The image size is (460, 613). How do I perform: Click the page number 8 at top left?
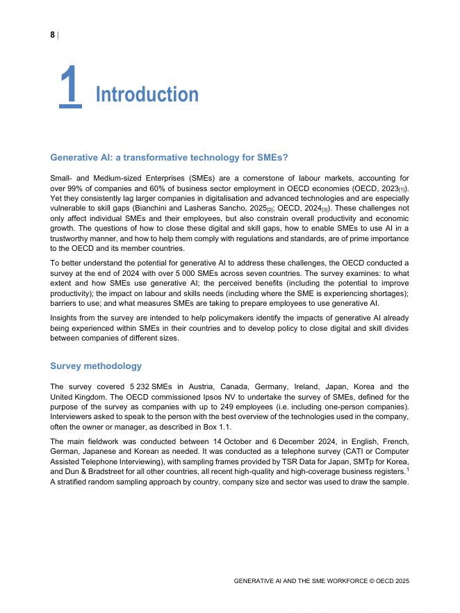52,35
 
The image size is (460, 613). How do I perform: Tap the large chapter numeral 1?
69,87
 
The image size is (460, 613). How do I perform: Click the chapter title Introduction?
147,95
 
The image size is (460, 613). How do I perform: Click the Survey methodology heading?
96,366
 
